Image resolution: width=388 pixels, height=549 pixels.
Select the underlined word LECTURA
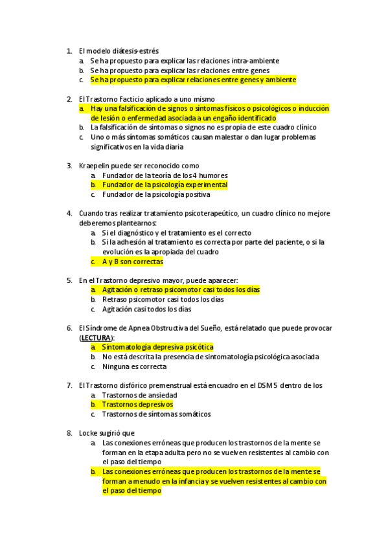tap(97, 338)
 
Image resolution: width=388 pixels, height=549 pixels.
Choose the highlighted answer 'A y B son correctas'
tap(132, 262)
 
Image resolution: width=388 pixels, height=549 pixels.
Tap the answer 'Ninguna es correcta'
tap(134, 366)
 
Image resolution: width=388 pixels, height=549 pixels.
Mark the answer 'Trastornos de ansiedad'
tap(139, 395)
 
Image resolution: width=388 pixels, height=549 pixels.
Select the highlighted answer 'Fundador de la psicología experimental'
tap(165, 185)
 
